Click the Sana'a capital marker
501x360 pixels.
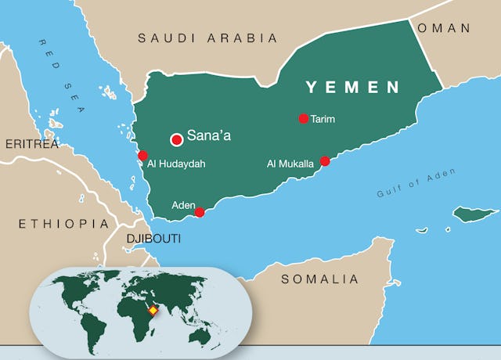point(177,139)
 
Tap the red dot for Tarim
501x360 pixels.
point(304,119)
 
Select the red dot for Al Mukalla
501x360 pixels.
point(326,161)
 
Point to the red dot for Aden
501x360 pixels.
point(200,212)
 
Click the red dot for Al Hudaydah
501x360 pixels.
point(142,155)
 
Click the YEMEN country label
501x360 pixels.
point(352,87)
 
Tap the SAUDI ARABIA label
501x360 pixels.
point(207,38)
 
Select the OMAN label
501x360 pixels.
point(445,27)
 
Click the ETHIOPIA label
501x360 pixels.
point(63,224)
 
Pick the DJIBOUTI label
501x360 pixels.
point(153,238)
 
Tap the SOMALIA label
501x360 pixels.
point(319,279)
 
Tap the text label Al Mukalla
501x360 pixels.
point(290,164)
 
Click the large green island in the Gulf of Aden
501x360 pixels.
point(475,214)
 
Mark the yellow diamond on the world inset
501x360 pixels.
point(153,311)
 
